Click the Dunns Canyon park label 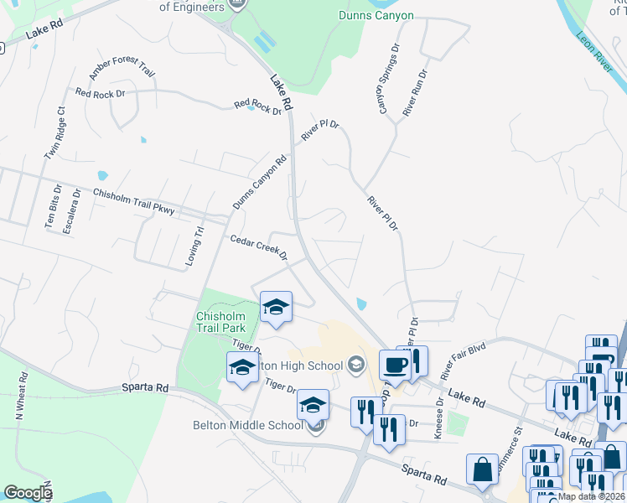click(x=376, y=15)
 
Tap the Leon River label click(x=597, y=56)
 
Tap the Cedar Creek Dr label click(x=259, y=247)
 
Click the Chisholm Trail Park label click(x=220, y=322)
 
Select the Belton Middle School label click(x=247, y=425)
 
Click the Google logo click(x=28, y=493)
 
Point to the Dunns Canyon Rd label click(x=259, y=182)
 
